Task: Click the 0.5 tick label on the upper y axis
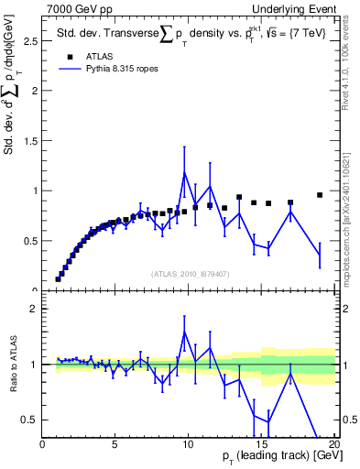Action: point(29,241)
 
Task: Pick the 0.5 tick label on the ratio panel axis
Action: point(29,420)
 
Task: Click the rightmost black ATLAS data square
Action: point(320,195)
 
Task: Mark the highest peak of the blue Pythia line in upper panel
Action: point(185,172)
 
